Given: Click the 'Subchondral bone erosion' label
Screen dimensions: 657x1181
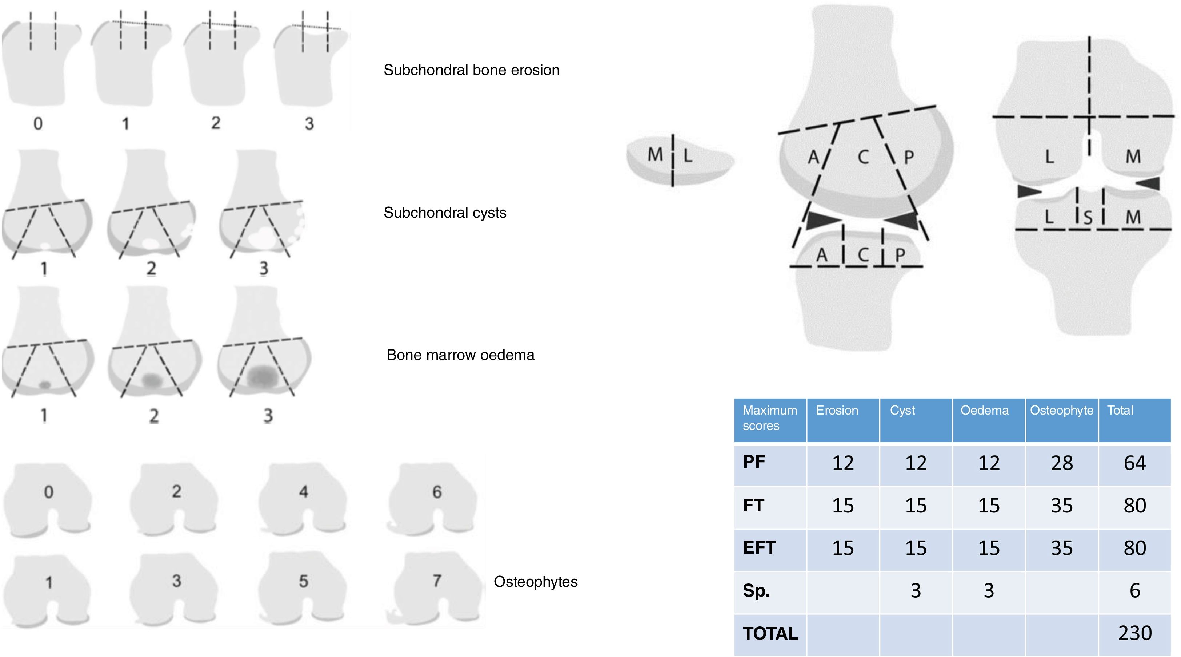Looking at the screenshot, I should point(471,70).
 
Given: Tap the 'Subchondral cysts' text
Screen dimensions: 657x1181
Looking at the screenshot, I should point(445,213).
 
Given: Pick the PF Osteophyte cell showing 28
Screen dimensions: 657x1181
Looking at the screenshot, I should point(1062,463).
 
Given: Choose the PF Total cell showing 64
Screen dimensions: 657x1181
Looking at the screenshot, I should point(1135,463).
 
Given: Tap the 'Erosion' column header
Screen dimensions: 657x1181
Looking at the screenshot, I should point(837,411).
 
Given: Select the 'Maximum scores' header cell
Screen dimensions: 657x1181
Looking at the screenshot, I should point(770,418).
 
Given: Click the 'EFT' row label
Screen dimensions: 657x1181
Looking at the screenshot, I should point(759,548).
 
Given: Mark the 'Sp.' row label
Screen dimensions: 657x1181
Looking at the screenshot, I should point(756,590).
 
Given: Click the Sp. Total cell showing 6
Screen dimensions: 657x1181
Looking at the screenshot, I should point(1135,590).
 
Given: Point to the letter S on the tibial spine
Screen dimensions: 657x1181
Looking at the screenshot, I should point(1088,217).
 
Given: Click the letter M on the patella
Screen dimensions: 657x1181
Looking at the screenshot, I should point(655,155).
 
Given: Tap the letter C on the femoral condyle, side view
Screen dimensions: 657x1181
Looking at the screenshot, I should point(863,157).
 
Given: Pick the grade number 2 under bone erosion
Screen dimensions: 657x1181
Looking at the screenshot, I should point(216,123).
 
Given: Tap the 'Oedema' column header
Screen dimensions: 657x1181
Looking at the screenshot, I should point(984,411).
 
